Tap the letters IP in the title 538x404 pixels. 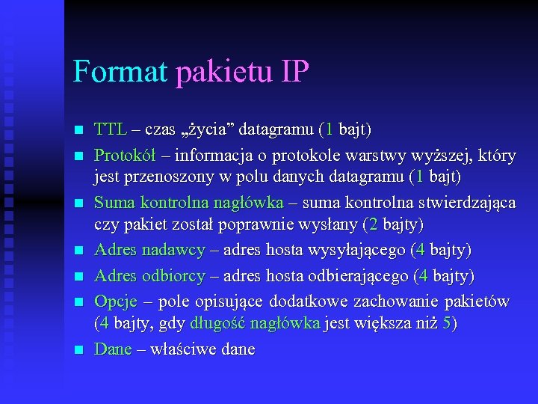point(296,71)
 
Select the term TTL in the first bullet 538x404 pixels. point(110,129)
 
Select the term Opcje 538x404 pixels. point(115,302)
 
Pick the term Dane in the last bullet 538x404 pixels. point(113,349)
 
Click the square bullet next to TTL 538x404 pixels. point(79,131)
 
